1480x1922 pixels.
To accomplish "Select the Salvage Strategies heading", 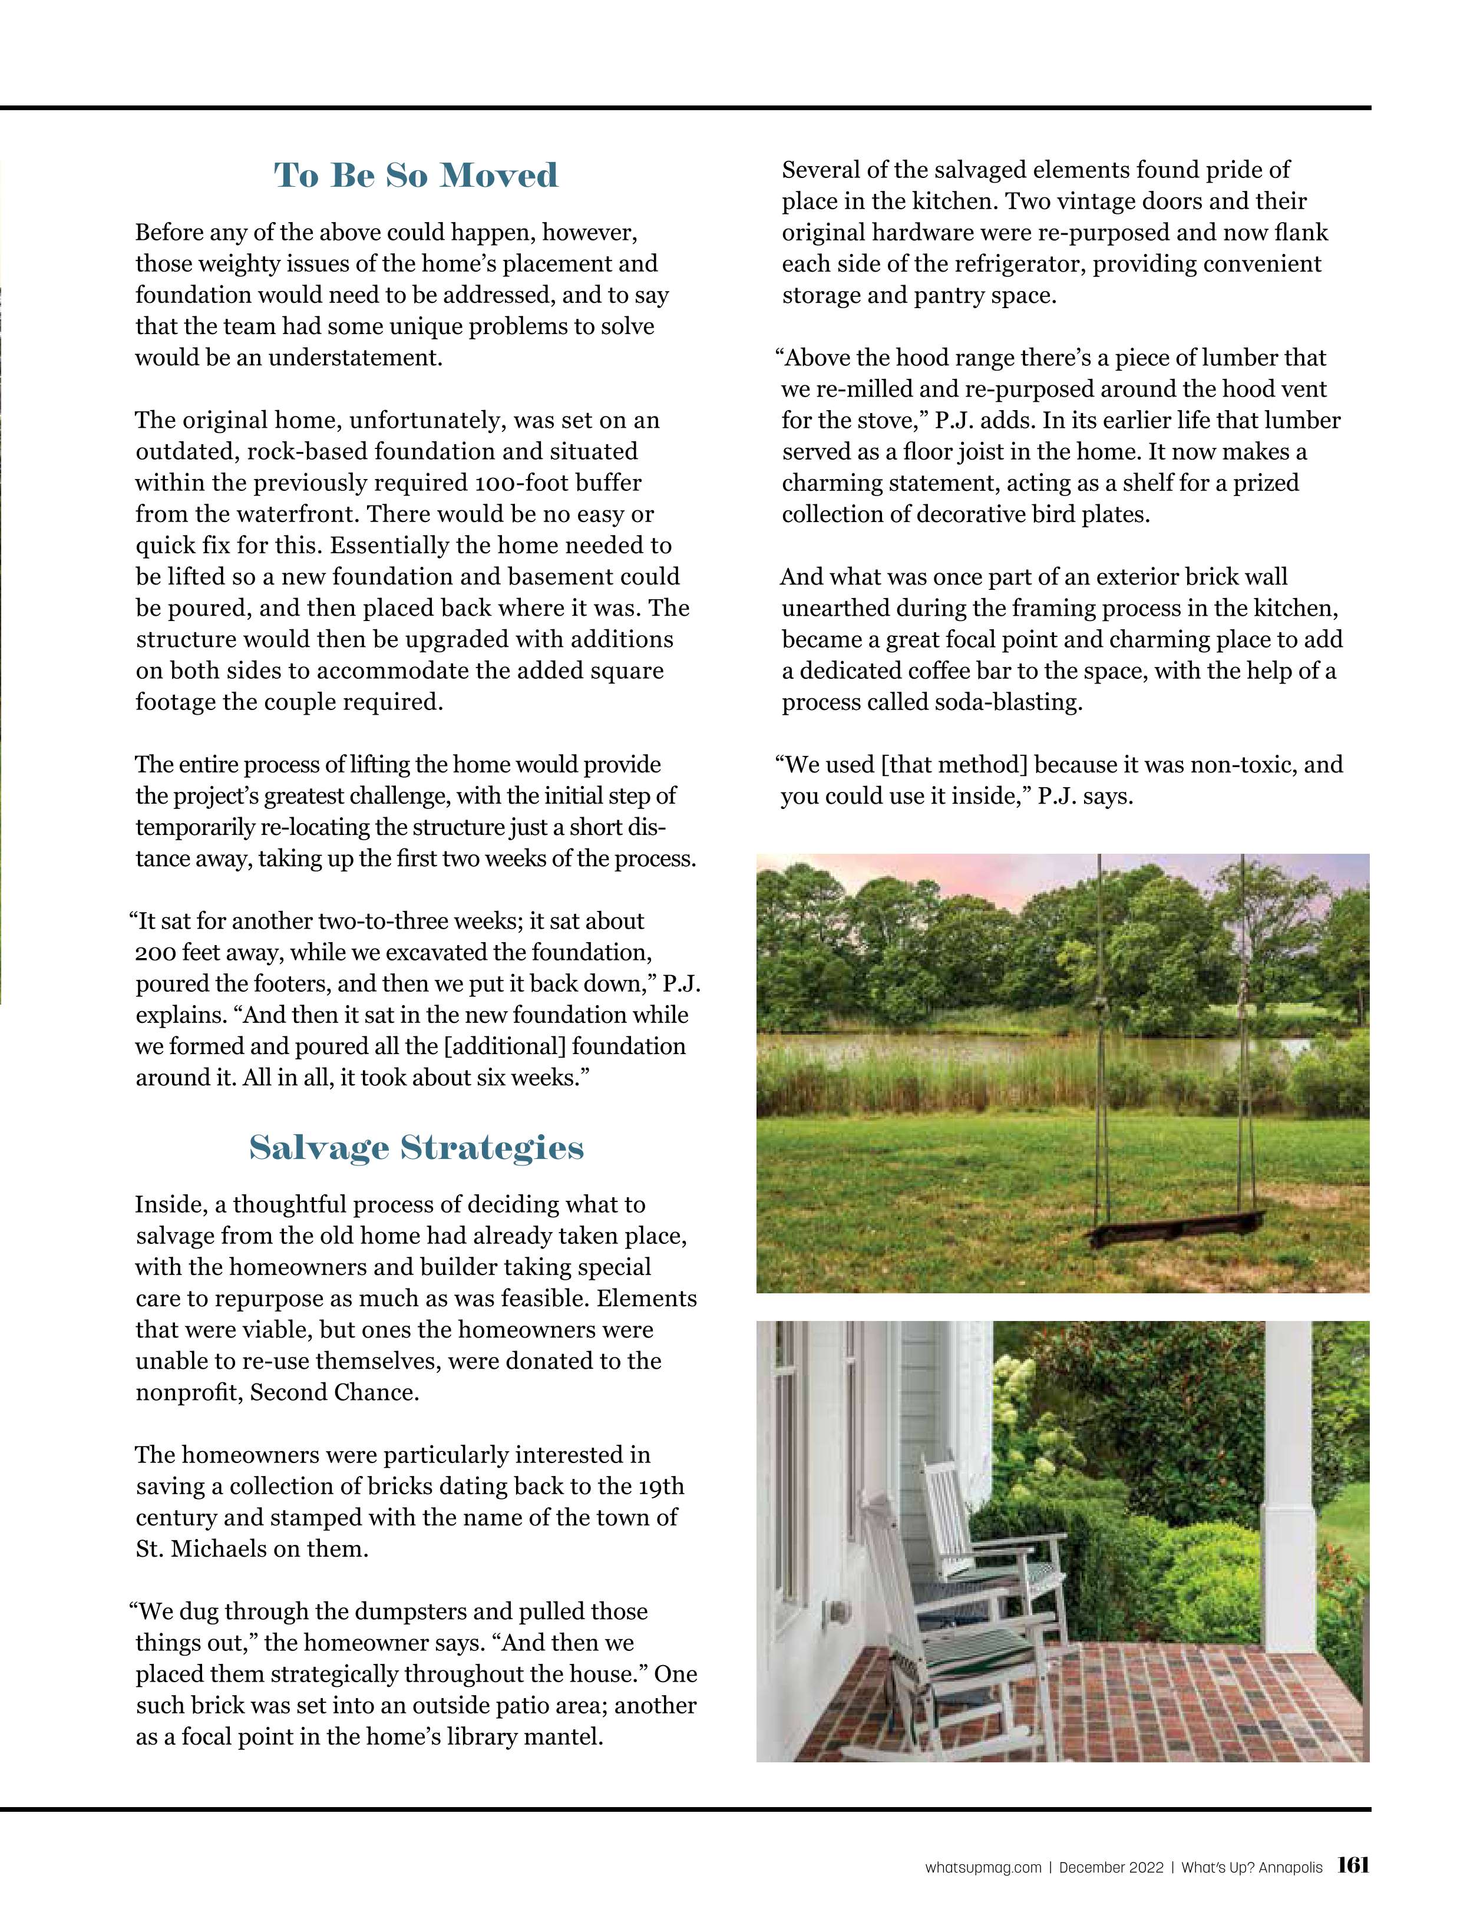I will pyautogui.click(x=416, y=1148).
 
